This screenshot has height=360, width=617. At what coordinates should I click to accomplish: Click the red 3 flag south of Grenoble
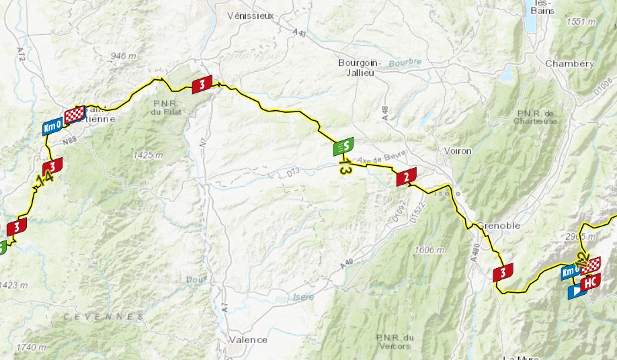(503, 273)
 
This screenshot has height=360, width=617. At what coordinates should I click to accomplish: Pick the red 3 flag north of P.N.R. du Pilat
(202, 84)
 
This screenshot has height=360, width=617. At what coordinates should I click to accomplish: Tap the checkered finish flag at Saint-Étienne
(74, 114)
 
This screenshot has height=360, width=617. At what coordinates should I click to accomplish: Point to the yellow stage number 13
(345, 167)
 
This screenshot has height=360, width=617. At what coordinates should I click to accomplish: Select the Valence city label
(247, 340)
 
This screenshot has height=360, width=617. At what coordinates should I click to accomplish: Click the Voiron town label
(458, 150)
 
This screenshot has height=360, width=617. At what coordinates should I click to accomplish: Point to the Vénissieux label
(251, 15)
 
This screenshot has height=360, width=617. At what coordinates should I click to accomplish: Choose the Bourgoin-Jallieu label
(360, 68)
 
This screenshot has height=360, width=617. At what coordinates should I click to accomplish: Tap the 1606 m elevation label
(430, 251)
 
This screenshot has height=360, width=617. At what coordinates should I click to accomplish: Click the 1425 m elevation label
(149, 155)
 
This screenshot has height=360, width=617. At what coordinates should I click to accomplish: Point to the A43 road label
(300, 32)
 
